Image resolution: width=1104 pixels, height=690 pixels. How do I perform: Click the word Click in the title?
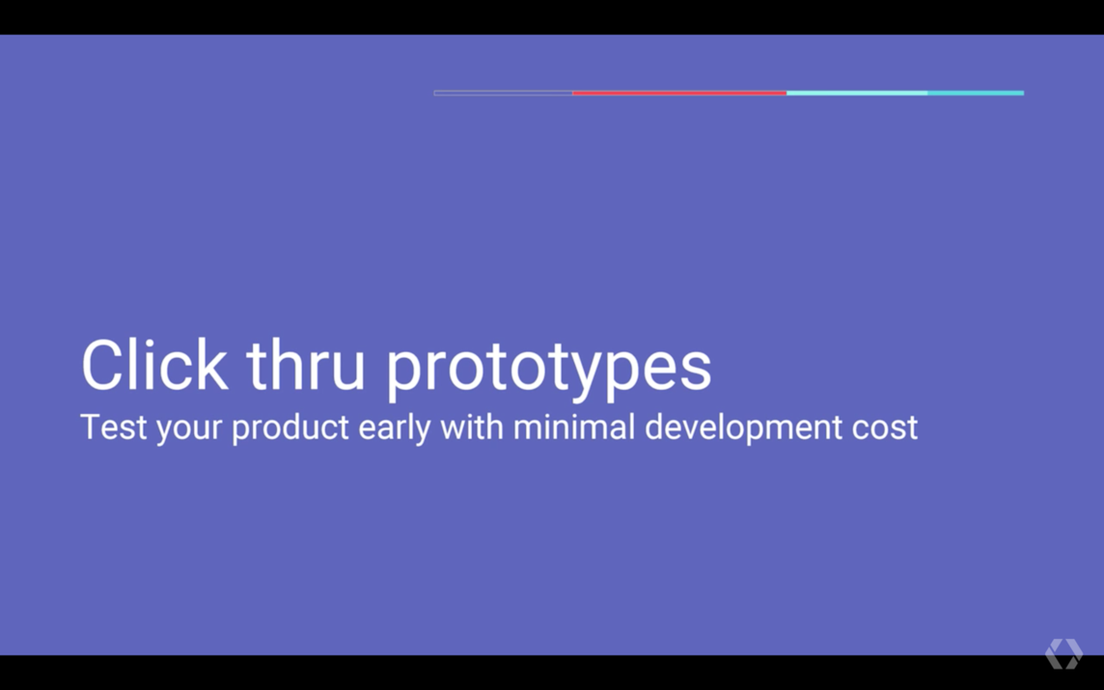(155, 365)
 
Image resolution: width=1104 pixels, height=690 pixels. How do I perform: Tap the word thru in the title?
(305, 365)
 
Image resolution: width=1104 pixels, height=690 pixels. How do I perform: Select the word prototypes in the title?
(548, 369)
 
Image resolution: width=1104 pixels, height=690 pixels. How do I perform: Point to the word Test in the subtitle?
(113, 426)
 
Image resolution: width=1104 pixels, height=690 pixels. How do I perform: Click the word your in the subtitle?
(190, 430)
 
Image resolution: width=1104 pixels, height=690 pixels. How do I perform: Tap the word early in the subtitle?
(394, 429)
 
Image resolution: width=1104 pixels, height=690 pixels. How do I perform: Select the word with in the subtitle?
(472, 426)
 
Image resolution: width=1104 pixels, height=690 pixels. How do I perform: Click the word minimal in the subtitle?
(574, 426)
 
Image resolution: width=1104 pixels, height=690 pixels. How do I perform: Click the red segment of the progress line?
(679, 93)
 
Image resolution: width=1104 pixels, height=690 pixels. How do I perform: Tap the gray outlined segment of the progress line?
(503, 93)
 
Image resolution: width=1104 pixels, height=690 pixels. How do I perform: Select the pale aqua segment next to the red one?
(856, 93)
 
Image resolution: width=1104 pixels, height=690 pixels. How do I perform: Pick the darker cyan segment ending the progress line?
(976, 93)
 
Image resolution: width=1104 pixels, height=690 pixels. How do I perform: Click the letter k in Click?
(213, 365)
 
